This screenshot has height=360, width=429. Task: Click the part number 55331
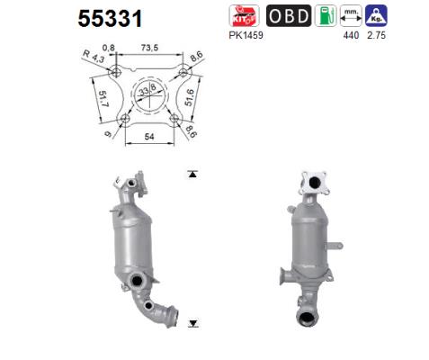pos(110,19)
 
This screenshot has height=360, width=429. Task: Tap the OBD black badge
pos(289,16)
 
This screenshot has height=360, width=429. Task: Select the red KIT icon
pos(244,16)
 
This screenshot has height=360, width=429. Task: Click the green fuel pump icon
pos(326,16)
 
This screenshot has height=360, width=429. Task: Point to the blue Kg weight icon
pos(376,16)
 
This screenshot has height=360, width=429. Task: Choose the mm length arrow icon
pos(351,16)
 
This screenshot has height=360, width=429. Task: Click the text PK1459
pos(246,35)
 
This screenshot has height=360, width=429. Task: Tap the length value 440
pos(351,35)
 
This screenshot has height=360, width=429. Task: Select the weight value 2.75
pos(376,35)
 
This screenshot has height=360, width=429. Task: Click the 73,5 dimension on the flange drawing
pos(149,48)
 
